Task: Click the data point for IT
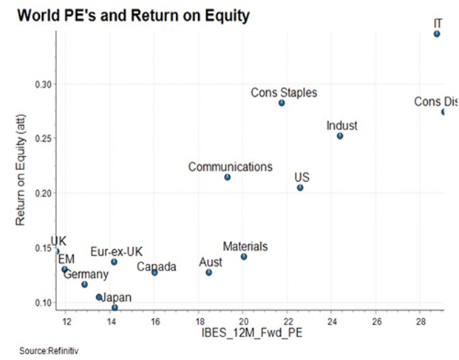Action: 437,34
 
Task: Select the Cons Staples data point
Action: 282,103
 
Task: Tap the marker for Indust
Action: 340,136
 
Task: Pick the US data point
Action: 300,188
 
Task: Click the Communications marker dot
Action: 227,177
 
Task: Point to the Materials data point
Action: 244,257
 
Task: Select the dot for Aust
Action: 209,273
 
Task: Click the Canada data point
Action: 154,273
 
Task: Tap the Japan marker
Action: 115,308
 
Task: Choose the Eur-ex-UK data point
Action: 114,262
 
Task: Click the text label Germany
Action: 86,274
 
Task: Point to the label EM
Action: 67,259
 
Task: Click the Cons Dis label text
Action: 435,101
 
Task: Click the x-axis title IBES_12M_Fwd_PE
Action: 249,336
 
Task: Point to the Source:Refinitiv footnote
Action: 49,350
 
